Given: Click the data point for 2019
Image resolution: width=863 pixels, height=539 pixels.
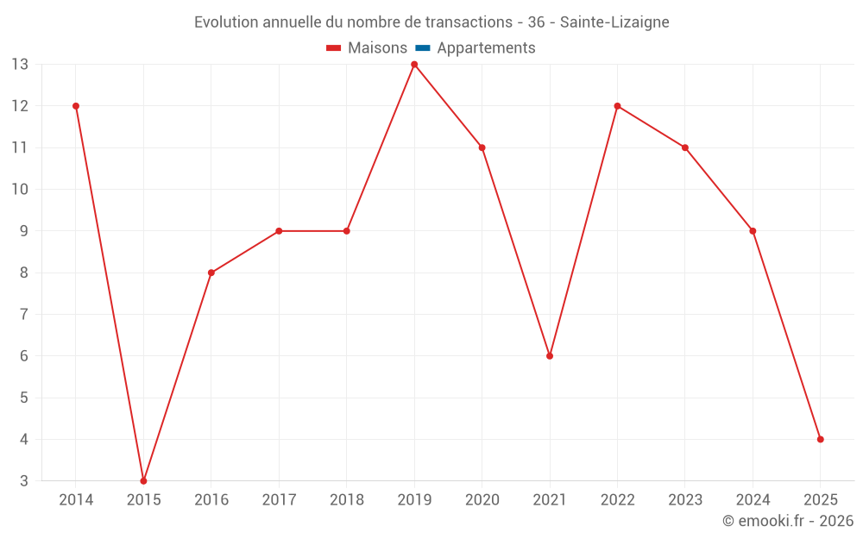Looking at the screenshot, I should pos(414,65).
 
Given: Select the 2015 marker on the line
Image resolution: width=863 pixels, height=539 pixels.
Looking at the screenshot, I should pos(143,480).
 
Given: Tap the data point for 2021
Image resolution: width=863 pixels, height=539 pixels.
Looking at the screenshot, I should pos(550,356).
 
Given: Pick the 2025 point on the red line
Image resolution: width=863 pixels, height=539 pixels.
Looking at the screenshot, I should pos(820,439).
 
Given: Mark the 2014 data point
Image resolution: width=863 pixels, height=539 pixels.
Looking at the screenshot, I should pos(76,106).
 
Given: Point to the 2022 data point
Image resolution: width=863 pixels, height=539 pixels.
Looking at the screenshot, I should pos(617,106).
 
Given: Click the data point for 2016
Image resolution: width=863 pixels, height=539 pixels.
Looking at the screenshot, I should pos(211,273).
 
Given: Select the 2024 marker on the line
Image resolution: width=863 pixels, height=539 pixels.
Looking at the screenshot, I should pos(753,231).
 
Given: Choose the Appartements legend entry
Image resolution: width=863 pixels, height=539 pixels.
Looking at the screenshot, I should pos(485,48).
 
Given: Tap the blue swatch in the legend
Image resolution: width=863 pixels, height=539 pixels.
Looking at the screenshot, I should pos(423,48).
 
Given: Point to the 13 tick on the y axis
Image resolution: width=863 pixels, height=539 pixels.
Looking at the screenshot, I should pos(20,65).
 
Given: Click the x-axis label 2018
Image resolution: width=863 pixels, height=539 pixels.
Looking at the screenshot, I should pos(347,500).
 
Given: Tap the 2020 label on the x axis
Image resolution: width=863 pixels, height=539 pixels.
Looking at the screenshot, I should pos(482,500).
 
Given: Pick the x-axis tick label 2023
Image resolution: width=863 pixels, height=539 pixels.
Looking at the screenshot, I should pos(685,500).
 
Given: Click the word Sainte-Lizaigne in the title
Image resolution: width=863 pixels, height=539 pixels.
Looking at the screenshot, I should pos(614,22).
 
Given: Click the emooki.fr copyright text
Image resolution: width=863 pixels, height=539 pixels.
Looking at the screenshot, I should pos(788,521).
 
